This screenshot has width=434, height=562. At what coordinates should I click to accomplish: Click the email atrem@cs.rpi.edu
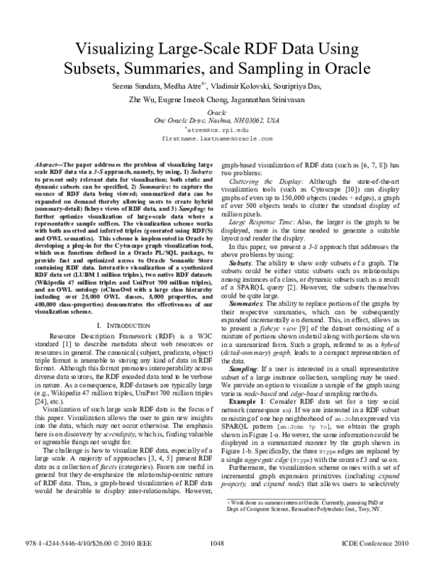pyautogui.click(x=217, y=129)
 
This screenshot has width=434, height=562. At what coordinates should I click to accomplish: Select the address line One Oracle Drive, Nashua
pyautogui.click(x=217, y=120)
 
